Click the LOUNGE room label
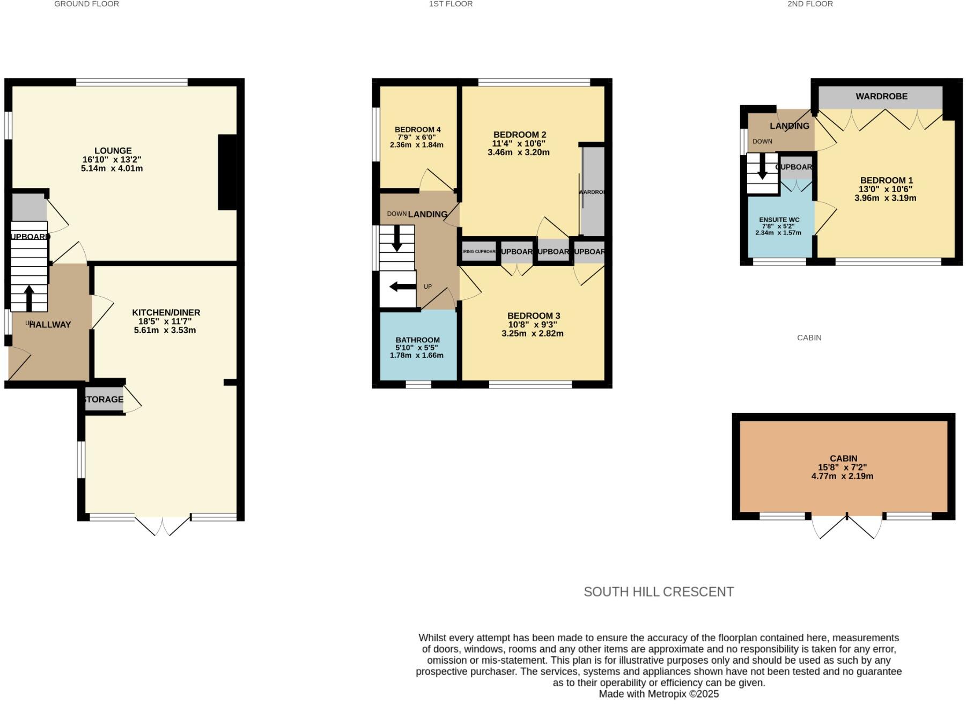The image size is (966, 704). [x=113, y=151]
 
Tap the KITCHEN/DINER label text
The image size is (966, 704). [x=166, y=312]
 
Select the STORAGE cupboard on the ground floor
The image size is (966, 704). [x=104, y=399]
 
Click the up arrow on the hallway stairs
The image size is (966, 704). [x=28, y=298]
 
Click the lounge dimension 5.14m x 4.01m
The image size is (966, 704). [x=112, y=168]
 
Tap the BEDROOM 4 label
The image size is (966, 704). [x=417, y=129]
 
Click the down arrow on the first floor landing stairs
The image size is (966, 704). [x=396, y=239]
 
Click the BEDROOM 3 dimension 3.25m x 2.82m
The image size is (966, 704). [x=532, y=333]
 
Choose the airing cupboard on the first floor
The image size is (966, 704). [x=479, y=251]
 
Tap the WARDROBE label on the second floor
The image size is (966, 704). [x=881, y=97]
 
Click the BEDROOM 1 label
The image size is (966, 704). [x=886, y=180]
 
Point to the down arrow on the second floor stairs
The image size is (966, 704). [x=762, y=169]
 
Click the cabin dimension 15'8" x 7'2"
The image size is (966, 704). [x=843, y=467]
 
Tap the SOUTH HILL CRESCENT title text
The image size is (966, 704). [x=658, y=592]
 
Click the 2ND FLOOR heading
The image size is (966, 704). [x=810, y=4]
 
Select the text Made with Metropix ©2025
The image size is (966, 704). [x=658, y=694]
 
